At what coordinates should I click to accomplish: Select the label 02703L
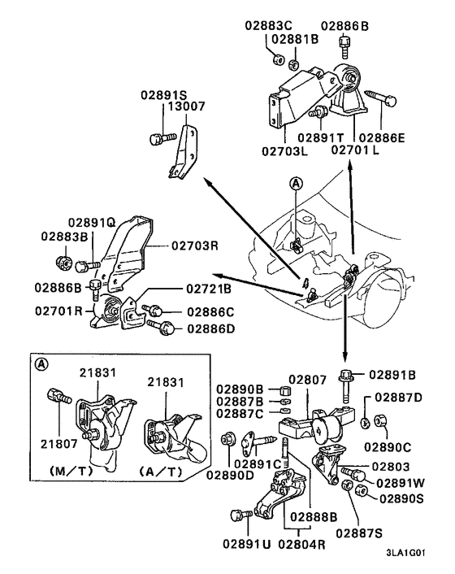285,150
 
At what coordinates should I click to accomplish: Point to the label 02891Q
91,221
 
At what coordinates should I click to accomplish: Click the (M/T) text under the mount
74,472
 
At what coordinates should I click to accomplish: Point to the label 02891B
392,375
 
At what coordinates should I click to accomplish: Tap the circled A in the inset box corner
39,365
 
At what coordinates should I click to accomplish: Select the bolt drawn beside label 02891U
239,515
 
